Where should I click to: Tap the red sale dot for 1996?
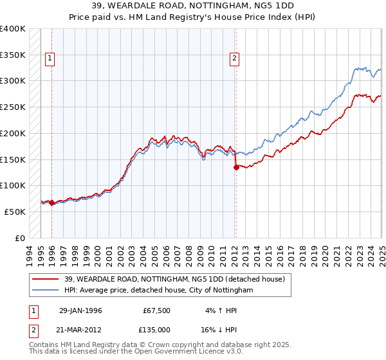pyautogui.click(x=51, y=203)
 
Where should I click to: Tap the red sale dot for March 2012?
pyautogui.click(x=236, y=167)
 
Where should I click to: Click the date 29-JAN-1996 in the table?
pyautogui.click(x=80, y=310)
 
